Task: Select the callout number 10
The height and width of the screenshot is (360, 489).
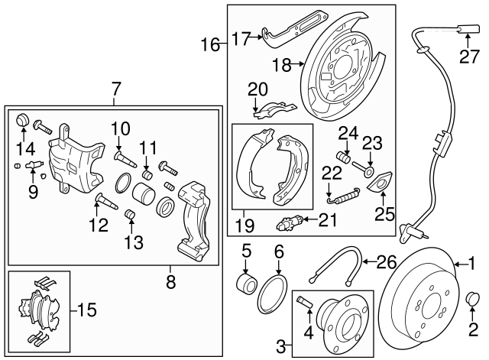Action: click(120, 128)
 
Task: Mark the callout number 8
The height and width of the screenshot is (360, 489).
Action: click(170, 282)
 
